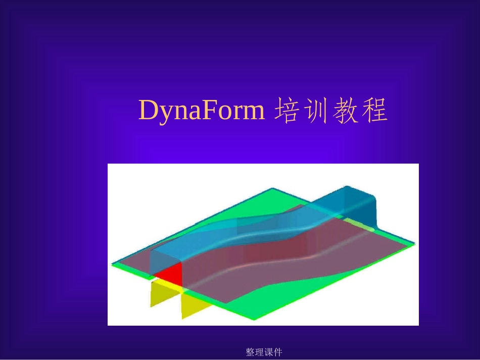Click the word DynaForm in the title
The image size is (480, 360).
pyautogui.click(x=201, y=111)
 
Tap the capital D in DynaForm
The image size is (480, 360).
pyautogui.click(x=148, y=111)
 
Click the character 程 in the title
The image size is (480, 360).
pyautogui.click(x=374, y=111)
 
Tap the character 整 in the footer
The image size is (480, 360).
pyautogui.click(x=250, y=352)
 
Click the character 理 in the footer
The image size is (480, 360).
pyautogui.click(x=259, y=352)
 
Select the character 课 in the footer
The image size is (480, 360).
pyautogui.click(x=268, y=352)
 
